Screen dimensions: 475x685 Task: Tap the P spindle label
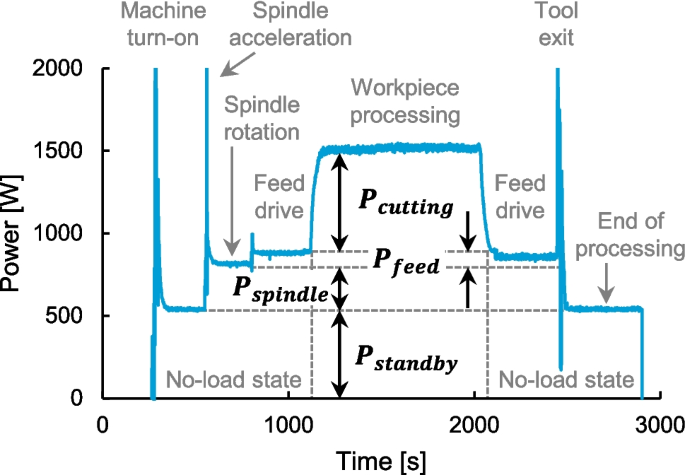point(279,292)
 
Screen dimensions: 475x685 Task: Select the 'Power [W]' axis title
point(14,234)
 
